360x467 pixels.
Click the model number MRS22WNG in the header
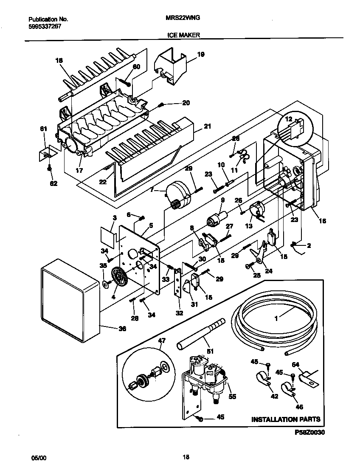(x=183, y=19)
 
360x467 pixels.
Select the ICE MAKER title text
(x=183, y=36)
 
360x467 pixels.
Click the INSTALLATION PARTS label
(x=286, y=419)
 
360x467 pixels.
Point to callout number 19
(x=201, y=54)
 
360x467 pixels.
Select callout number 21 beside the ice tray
(x=208, y=126)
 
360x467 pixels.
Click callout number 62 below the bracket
(x=53, y=183)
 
